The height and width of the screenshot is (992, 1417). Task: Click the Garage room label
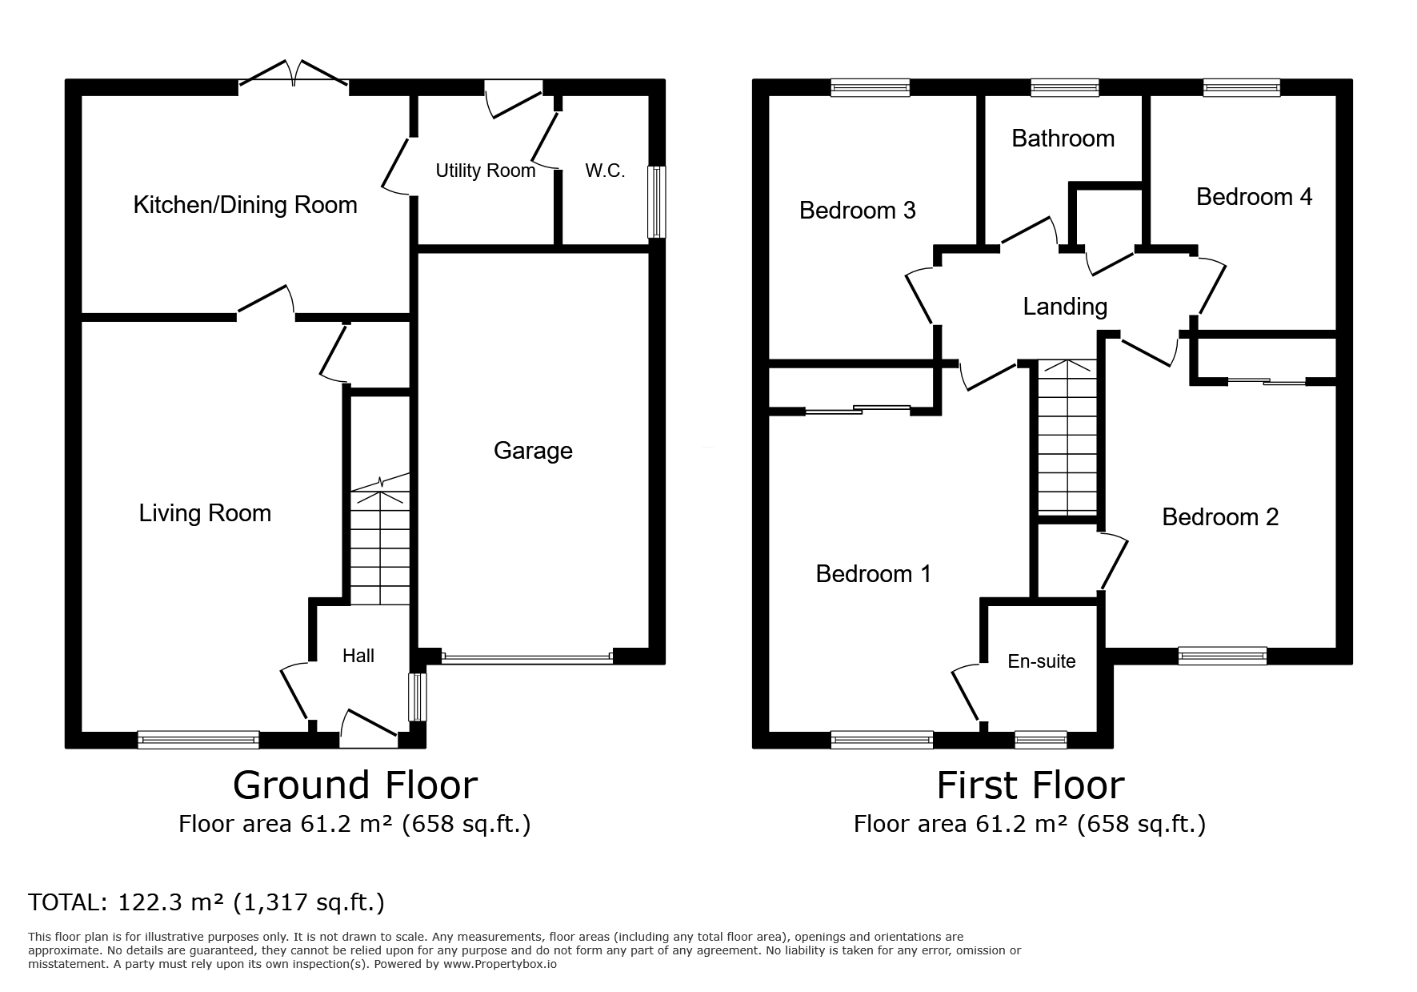[x=533, y=451]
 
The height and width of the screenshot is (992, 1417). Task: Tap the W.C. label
[x=605, y=171]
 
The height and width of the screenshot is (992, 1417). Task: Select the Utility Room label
[x=486, y=171]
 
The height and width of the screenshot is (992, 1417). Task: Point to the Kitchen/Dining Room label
[x=245, y=205]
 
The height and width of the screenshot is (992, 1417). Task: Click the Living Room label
[x=205, y=513]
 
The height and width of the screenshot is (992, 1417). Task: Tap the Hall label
[x=358, y=656]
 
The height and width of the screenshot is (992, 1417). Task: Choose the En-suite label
[x=1042, y=661]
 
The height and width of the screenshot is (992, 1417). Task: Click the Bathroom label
[x=1063, y=139]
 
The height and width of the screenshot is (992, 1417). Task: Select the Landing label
[x=1065, y=307]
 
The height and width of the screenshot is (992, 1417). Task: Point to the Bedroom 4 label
[x=1254, y=197]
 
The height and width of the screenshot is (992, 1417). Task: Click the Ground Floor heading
[x=355, y=785]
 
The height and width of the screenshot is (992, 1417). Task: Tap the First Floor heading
[x=1031, y=785]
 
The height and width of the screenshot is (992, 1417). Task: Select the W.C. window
[x=656, y=202]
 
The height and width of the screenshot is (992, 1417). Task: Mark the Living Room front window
[x=198, y=740]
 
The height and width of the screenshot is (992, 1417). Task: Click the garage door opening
[x=526, y=658]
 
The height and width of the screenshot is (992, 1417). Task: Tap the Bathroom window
[x=1064, y=87]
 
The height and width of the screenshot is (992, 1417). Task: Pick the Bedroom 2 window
[x=1223, y=656]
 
